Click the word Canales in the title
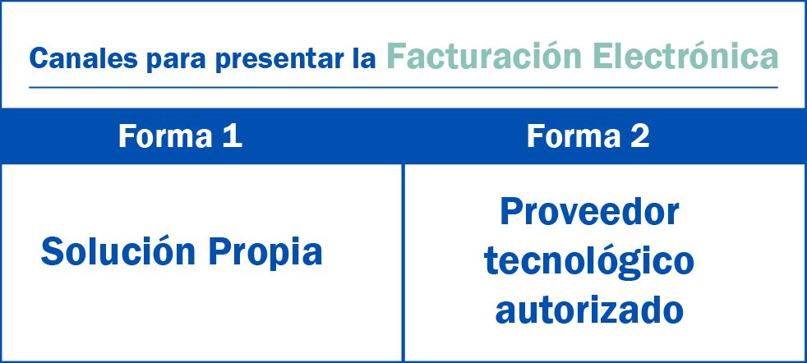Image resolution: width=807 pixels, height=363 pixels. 83,59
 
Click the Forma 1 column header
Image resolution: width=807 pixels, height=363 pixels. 180,136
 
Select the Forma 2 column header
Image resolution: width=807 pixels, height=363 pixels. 588,136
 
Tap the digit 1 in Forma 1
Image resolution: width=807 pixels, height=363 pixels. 233,136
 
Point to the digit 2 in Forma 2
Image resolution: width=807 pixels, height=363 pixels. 640,136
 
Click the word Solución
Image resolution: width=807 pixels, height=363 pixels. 118,251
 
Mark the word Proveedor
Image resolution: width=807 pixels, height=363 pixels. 589,212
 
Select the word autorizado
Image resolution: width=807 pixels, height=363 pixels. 589,310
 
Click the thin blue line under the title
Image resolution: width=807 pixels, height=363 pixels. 403,87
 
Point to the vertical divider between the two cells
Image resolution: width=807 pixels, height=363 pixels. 403,263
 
